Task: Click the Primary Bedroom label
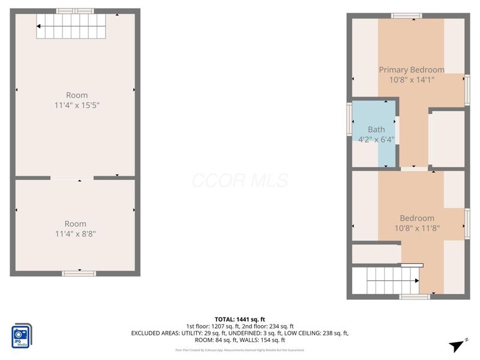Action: click(x=412, y=70)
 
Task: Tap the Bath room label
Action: click(x=376, y=130)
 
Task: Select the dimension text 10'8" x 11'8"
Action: click(x=417, y=228)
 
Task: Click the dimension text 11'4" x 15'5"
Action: click(x=77, y=105)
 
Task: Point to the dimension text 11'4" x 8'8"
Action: click(x=76, y=233)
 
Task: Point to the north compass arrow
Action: click(x=458, y=344)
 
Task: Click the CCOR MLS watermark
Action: click(x=240, y=181)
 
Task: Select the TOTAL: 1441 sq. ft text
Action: click(x=240, y=319)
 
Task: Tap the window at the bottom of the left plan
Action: click(x=79, y=273)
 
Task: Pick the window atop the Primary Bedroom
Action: click(x=407, y=15)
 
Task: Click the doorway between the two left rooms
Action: click(x=72, y=178)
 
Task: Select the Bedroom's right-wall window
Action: click(x=466, y=223)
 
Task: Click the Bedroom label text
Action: click(x=417, y=218)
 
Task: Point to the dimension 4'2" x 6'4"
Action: click(x=376, y=139)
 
